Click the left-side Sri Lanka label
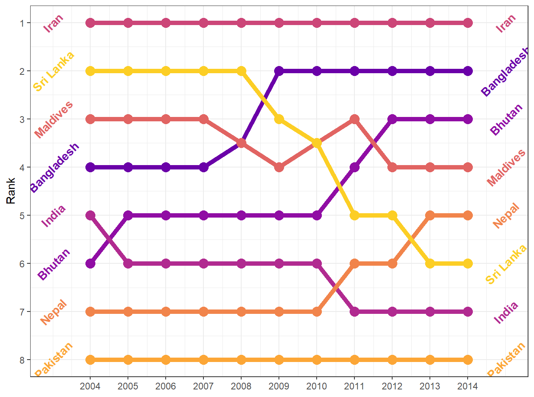tap(54, 72)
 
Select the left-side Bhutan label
tap(54, 264)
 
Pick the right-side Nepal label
tap(506, 216)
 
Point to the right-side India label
tap(506, 312)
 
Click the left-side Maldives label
tap(54, 119)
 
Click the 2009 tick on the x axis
tap(279, 386)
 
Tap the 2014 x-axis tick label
tap(468, 386)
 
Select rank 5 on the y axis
tap(22, 216)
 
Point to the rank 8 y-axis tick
tap(22, 360)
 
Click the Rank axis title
tap(11, 191)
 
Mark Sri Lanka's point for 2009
tap(279, 119)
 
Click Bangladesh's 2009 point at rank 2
tap(279, 71)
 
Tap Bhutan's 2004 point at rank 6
tap(90, 264)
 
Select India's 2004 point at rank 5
tap(90, 216)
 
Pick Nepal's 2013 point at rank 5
tap(430, 216)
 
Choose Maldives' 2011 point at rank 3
tap(354, 119)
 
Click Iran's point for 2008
tap(241, 23)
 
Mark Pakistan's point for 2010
tap(317, 360)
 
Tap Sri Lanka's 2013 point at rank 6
tap(430, 264)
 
